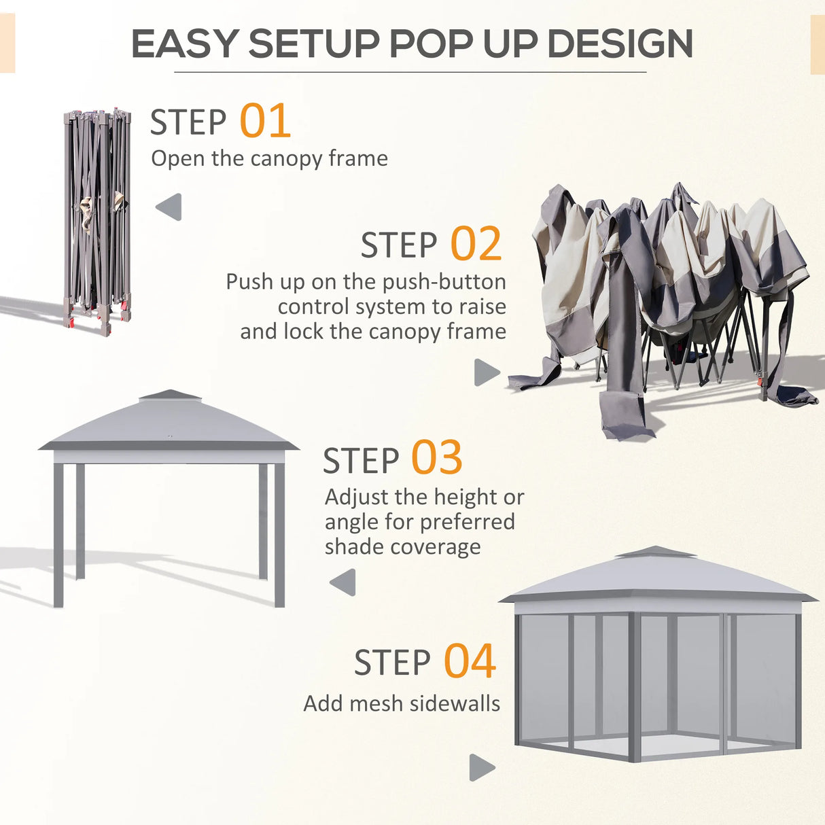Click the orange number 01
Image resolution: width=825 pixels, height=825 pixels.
[x=265, y=122]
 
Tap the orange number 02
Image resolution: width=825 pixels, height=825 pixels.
[x=476, y=245]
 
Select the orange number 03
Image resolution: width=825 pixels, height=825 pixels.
[x=436, y=459]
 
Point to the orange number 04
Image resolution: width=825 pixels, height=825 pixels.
[x=470, y=662]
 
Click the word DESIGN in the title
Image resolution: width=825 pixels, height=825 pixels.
[x=620, y=44]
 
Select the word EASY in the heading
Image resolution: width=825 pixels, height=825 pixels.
[x=185, y=44]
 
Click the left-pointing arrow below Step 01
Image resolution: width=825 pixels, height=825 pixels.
[x=169, y=207]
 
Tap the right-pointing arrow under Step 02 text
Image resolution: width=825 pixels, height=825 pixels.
[x=486, y=372]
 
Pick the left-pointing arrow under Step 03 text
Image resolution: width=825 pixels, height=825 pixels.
[x=343, y=582]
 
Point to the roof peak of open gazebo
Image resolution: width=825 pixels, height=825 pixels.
[x=169, y=394]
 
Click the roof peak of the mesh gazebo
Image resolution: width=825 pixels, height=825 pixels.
[x=655, y=551]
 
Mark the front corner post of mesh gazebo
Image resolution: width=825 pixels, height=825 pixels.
[x=635, y=686]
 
